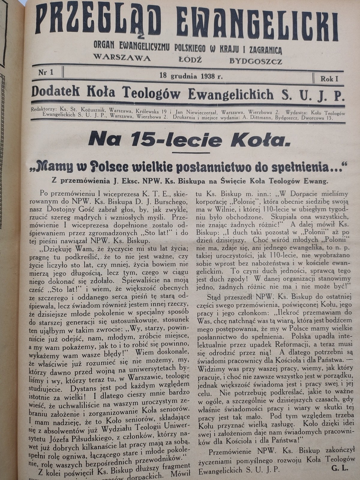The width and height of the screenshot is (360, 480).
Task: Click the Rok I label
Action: (x=329, y=79)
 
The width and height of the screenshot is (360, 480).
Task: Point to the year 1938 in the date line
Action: (x=209, y=76)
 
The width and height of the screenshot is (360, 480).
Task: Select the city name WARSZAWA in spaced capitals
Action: (x=122, y=57)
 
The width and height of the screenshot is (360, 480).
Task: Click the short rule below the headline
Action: (x=189, y=153)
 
